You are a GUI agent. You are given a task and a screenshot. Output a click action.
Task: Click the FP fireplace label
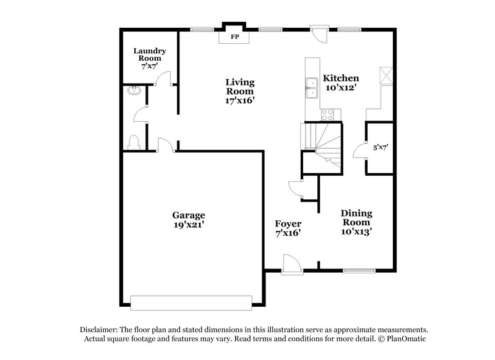pos(235,38)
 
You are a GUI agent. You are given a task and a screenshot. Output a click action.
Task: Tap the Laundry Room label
pos(149,54)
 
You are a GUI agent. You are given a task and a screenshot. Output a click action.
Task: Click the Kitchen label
pos(341,79)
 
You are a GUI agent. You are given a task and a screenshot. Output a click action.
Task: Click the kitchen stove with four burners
pos(327,114)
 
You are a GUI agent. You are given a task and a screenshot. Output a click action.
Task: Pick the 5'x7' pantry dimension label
pos(380,148)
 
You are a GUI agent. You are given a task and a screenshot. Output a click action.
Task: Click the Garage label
pos(189,215)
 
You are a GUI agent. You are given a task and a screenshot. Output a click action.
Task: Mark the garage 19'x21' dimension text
pos(189,226)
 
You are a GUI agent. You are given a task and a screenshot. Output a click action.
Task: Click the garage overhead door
pos(191,302)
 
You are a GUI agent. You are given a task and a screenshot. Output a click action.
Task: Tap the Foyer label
pos(288,223)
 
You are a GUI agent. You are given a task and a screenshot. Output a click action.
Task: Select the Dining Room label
pos(356,217)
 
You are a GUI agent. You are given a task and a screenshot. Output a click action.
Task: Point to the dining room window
pos(359,270)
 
